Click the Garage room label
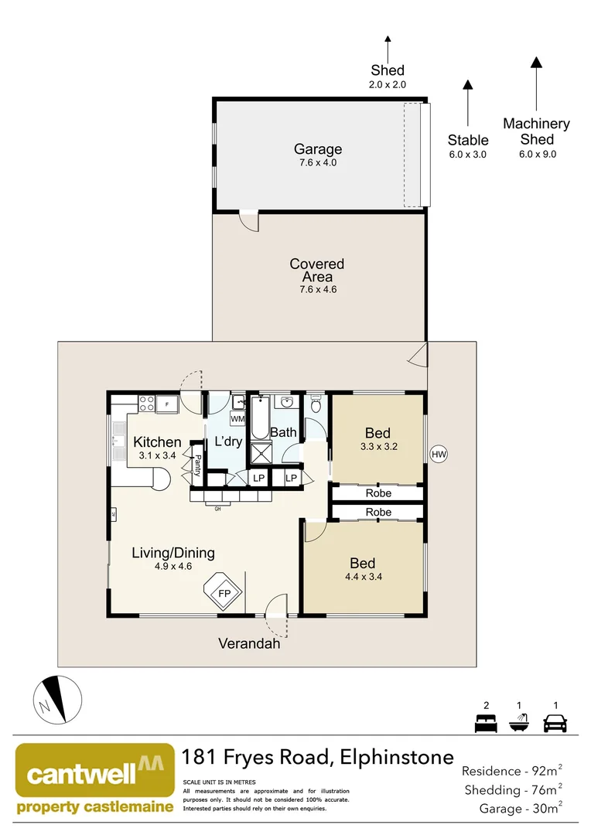317,149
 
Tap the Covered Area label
317,270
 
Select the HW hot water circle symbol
439,454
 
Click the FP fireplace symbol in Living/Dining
224,593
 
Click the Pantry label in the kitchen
198,465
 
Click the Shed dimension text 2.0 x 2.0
388,84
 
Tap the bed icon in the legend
486,724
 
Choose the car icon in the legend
555,724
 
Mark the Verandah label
248,643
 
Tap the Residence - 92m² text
511,770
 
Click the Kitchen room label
157,442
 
